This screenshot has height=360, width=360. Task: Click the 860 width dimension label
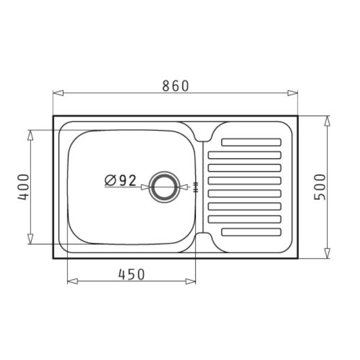[175, 85]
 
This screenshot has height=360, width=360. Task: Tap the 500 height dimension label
[320, 187]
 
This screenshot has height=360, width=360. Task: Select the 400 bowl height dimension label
[24, 187]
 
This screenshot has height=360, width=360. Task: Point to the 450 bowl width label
[131, 274]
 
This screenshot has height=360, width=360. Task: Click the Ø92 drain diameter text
[120, 180]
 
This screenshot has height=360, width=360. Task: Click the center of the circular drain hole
[164, 187]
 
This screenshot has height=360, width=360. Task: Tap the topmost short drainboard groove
[251, 142]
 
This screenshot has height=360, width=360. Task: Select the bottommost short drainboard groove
[251, 232]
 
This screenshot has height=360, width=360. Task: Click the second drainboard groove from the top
[244, 155]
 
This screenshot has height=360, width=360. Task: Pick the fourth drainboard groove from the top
[244, 181]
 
